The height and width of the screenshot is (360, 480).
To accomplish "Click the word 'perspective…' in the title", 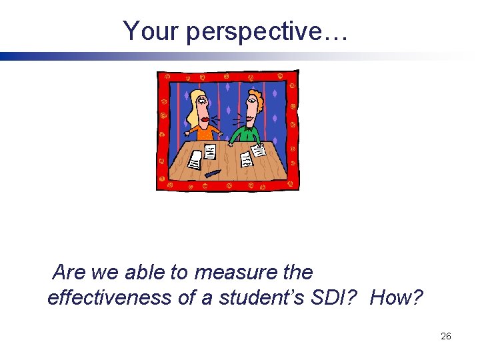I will coord(267,31).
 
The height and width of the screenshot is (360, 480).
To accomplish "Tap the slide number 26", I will coord(446,336).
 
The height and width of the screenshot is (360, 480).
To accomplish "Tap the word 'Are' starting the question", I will coord(67,273).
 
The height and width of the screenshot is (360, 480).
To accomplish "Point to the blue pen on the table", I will coord(213,173).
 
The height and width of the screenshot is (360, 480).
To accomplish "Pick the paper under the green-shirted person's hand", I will coord(258,151).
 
